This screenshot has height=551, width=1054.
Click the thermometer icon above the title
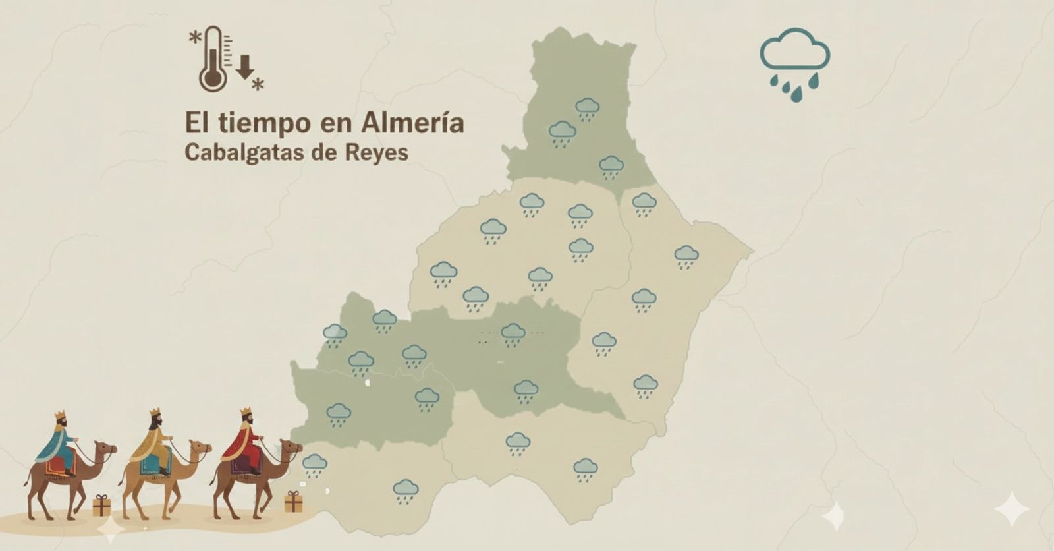point(213,59)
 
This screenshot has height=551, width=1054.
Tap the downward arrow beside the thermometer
point(245,67)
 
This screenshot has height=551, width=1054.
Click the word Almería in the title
point(412,123)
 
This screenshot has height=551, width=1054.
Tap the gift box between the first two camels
point(101,506)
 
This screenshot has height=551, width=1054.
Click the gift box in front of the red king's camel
point(293,502)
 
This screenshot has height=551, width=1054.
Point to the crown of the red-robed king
point(246,412)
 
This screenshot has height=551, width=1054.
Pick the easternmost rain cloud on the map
point(686,256)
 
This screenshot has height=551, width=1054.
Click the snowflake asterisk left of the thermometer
point(195,38)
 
